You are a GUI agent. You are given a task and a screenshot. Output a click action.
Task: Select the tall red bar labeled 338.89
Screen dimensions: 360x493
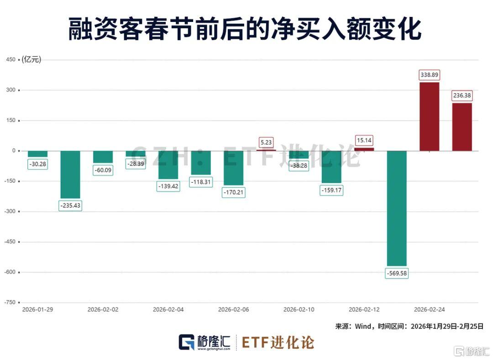coord(429,116)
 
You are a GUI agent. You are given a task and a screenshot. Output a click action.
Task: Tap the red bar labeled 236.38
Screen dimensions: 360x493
coord(462,127)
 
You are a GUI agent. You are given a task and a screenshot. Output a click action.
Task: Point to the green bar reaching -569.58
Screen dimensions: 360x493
coord(396,208)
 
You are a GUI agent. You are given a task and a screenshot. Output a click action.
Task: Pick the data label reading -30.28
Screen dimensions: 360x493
coord(37,164)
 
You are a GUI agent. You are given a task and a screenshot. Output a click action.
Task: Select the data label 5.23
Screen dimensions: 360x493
coord(266,142)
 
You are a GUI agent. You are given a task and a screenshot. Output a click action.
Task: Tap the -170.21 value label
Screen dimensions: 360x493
coord(233,192)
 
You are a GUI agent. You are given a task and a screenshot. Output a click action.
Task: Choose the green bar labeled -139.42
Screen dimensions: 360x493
coord(168,165)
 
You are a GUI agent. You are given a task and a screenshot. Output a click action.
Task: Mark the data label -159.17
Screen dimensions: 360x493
coord(331,190)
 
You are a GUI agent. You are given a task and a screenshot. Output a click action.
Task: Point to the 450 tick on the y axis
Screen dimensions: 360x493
coord(10,60)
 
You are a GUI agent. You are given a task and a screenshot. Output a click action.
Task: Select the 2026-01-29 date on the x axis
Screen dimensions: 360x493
coord(37,309)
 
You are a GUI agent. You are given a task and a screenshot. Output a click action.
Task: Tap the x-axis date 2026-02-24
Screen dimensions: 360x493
coord(429,309)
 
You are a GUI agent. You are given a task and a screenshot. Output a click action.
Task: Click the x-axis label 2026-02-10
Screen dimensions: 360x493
coord(299,309)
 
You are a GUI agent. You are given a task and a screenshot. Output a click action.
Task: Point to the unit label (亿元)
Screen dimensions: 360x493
coord(31,60)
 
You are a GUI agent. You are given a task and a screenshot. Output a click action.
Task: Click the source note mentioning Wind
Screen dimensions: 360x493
coord(409,326)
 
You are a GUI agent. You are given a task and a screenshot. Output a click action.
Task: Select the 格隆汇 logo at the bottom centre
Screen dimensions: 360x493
coord(204,342)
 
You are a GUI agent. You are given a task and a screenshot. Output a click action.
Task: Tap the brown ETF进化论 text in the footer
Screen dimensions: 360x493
coord(278,342)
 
